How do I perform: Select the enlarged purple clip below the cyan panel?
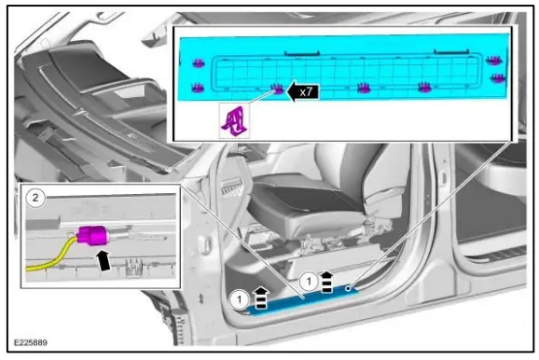pyautogui.click(x=231, y=119)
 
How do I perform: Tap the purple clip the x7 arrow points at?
pyautogui.click(x=276, y=89)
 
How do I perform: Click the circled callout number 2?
pyautogui.click(x=35, y=198)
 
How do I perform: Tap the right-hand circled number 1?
pyautogui.click(x=308, y=278)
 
